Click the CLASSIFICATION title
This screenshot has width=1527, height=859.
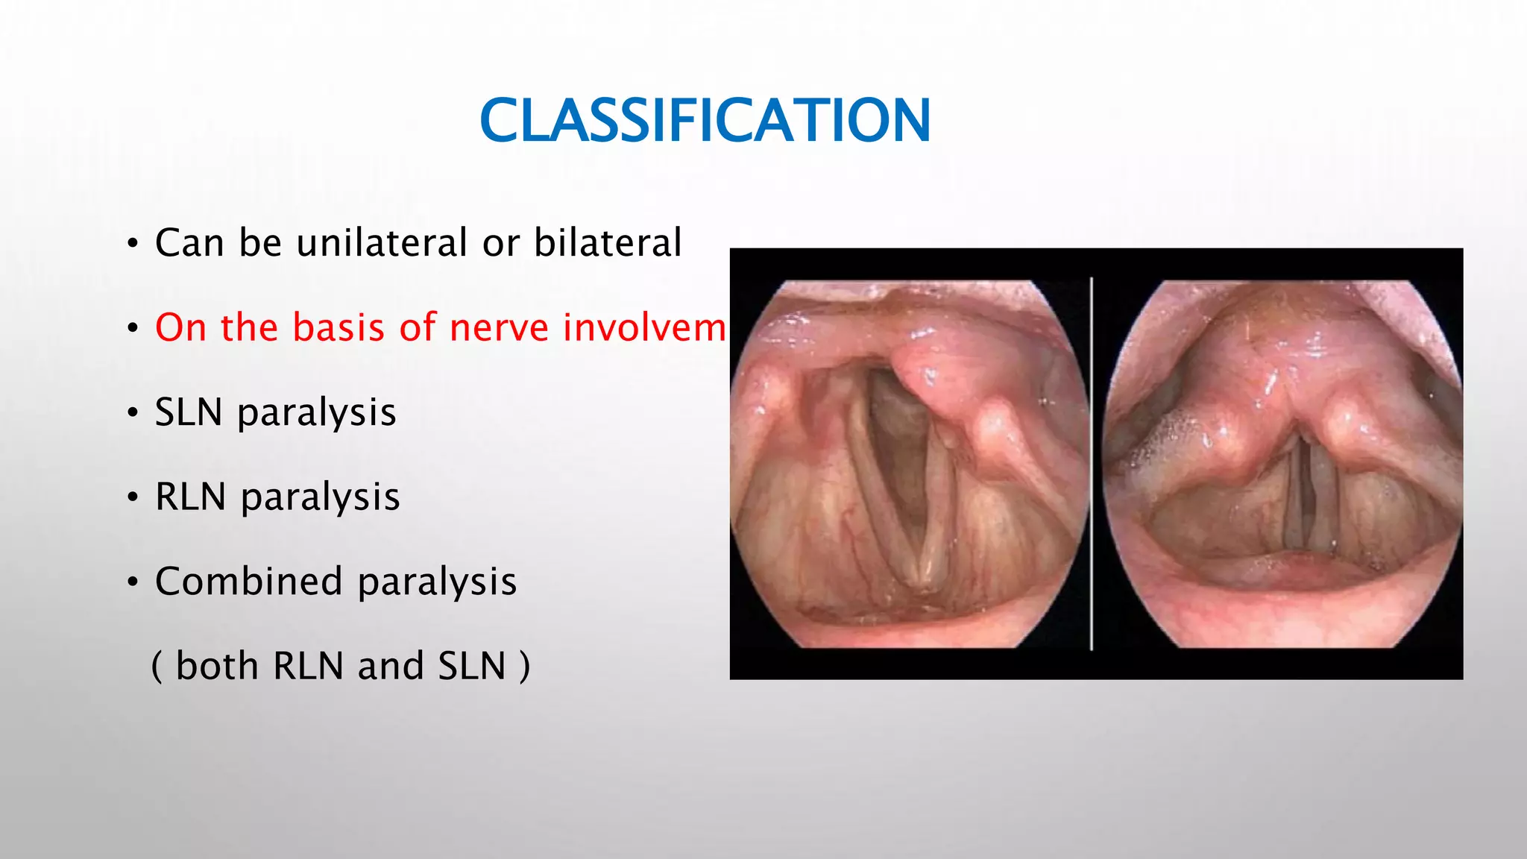point(705,121)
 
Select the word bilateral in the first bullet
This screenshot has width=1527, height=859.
point(608,243)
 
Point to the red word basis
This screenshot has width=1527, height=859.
point(337,327)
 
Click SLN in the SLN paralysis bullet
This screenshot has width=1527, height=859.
point(189,412)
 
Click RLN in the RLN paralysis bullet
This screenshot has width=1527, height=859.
point(190,497)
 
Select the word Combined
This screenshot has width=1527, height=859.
point(248,581)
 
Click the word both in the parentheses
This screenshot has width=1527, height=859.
point(217,666)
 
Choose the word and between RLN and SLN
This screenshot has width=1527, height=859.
point(389,666)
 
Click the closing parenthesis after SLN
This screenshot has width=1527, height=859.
point(525,666)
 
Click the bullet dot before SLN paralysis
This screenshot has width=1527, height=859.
point(132,412)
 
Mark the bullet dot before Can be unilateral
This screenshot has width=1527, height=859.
point(132,244)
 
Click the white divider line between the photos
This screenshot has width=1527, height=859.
point(1092,462)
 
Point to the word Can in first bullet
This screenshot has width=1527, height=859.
point(189,243)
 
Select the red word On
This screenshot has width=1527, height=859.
point(180,327)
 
